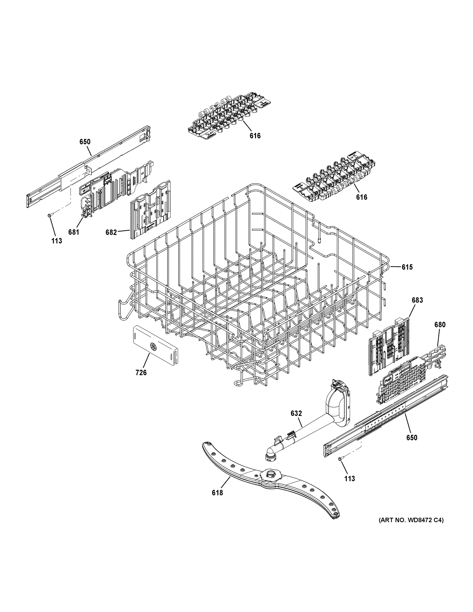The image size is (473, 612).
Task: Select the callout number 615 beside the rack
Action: point(407,267)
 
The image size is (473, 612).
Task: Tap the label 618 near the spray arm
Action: point(218,492)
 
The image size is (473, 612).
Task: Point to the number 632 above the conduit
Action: point(296,413)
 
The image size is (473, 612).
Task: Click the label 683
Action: point(417,300)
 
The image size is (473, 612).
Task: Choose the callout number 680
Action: point(440,325)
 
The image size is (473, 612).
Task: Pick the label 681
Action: point(74,232)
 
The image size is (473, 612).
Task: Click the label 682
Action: point(111,232)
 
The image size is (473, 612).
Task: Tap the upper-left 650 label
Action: point(85,142)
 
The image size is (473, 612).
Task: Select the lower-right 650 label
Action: point(412,437)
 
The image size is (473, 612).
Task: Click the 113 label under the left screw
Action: point(57,241)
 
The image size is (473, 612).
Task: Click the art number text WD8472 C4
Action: point(411,520)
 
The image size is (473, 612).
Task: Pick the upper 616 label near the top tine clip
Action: point(255,136)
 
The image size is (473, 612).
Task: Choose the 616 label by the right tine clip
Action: point(362,197)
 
